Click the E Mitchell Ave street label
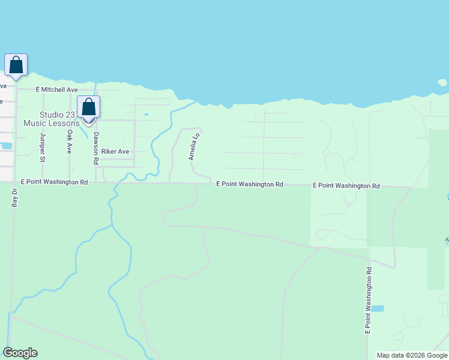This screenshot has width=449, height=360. pos(57,89)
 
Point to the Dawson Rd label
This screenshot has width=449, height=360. pos(95,149)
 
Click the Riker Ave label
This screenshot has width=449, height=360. pos(115,152)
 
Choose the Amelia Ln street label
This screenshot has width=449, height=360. pos(194,147)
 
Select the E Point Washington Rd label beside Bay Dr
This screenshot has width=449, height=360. pos(55,181)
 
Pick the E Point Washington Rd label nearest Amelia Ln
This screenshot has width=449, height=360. pos(249,184)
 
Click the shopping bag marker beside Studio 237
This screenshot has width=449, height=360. pos(89,109)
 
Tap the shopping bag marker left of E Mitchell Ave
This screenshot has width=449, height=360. pos(16,65)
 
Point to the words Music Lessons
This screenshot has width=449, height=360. pos(52,124)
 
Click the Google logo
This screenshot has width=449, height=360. pos(20,353)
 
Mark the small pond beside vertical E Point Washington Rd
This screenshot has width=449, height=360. pos(377,308)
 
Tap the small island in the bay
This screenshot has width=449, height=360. pos(442,82)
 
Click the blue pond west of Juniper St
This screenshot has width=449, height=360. pos(6,145)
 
